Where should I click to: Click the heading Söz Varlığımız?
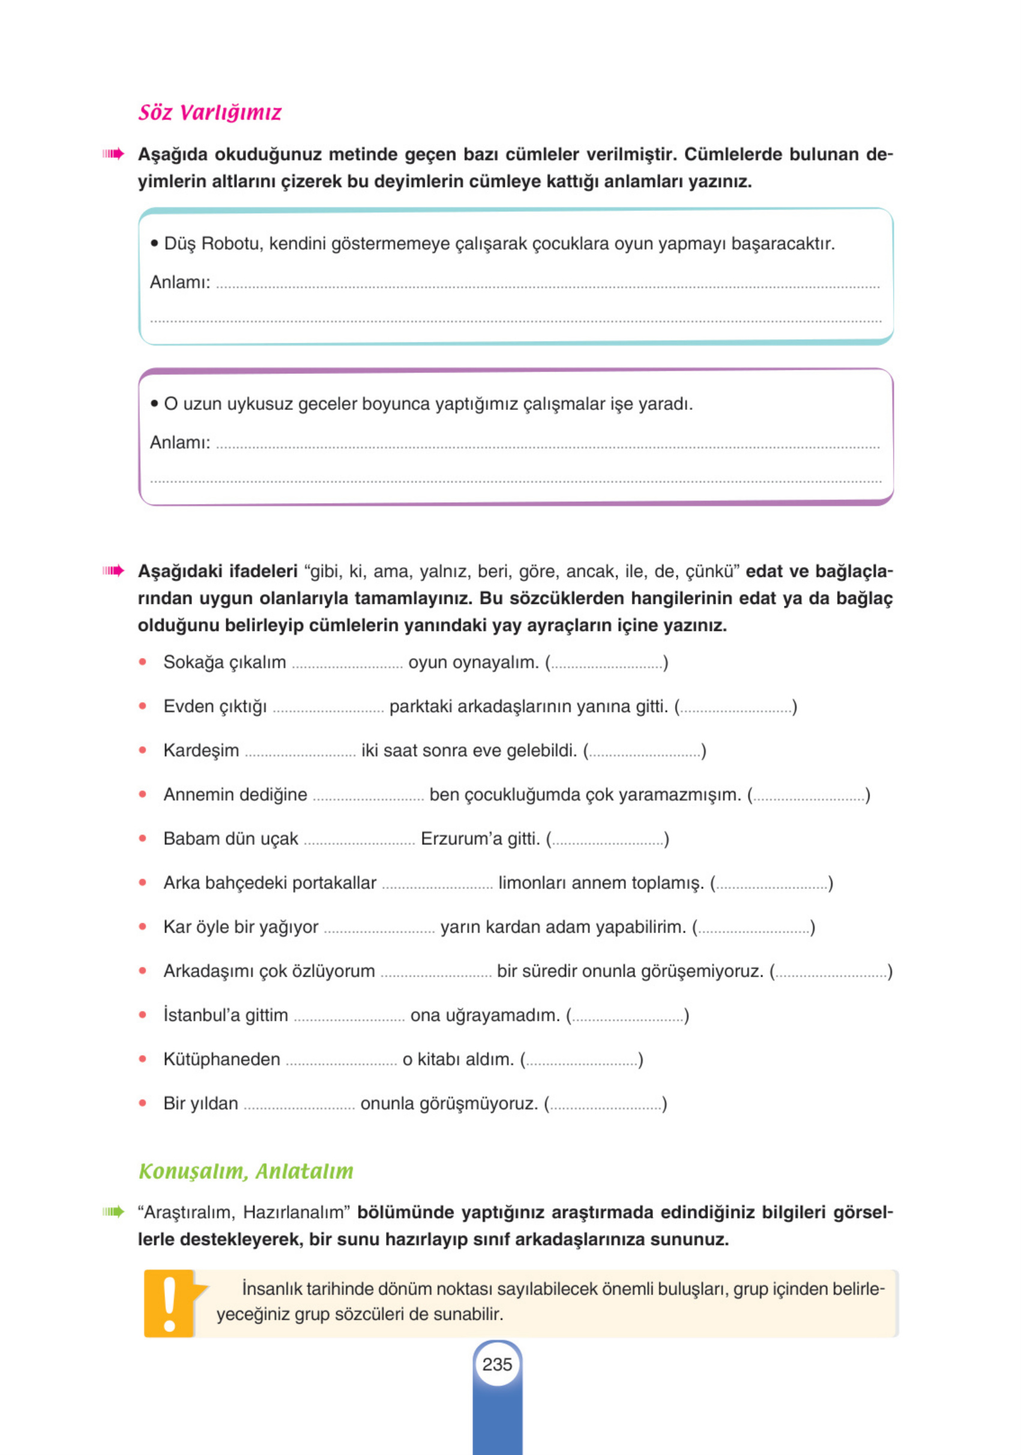click(x=209, y=113)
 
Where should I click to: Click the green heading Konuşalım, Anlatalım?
click(x=246, y=1171)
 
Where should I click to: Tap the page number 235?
click(x=497, y=1364)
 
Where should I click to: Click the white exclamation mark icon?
click(x=169, y=1303)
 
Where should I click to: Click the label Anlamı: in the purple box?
click(x=180, y=442)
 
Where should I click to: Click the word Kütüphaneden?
click(x=221, y=1059)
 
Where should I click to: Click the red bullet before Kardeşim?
click(x=143, y=751)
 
